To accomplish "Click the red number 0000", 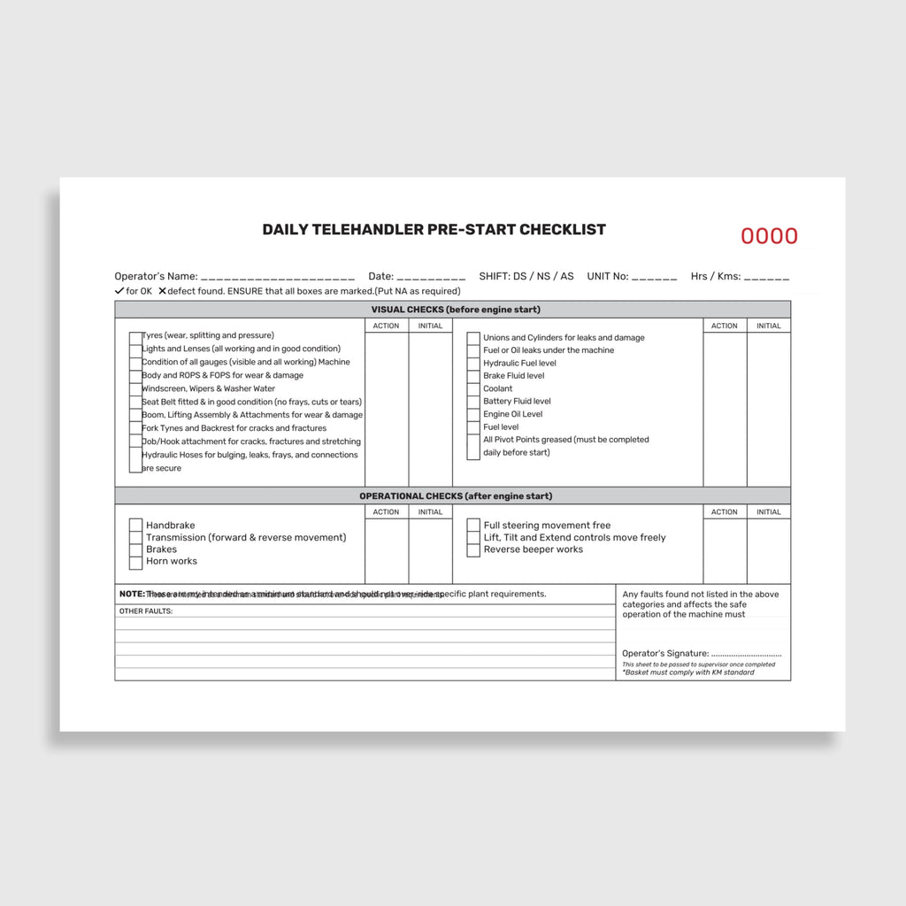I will (769, 236).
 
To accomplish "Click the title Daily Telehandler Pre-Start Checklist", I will (434, 229).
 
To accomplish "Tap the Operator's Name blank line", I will (278, 278).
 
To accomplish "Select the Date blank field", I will (431, 278).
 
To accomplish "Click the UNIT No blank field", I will (655, 278).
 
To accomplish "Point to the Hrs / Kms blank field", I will (766, 278).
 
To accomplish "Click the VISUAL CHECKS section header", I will (452, 310).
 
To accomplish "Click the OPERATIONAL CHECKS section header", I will (452, 496).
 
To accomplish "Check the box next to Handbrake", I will (135, 526).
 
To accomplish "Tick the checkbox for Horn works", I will (135, 562).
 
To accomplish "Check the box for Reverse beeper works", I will (473, 550).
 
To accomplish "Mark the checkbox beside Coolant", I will (473, 389).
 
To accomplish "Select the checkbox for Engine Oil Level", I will (473, 415).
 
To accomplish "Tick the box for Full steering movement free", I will (473, 526).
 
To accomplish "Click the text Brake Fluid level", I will (513, 376).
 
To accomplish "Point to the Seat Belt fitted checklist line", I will (251, 402).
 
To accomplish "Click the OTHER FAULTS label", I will (146, 611).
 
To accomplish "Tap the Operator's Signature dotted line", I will (746, 654).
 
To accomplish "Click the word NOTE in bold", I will (132, 594).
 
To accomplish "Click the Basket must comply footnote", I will (688, 672).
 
